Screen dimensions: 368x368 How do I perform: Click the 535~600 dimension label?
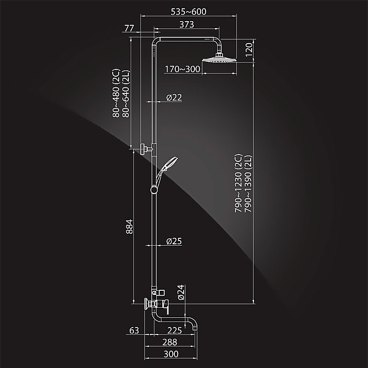click(x=189, y=11)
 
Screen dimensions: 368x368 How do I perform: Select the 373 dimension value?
click(x=187, y=24)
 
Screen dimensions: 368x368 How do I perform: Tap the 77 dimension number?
click(x=129, y=28)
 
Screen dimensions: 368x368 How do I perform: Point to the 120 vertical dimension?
click(x=249, y=49)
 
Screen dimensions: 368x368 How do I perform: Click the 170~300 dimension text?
click(x=183, y=69)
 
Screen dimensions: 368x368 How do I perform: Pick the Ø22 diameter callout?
click(x=174, y=98)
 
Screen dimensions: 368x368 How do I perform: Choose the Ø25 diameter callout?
click(x=174, y=241)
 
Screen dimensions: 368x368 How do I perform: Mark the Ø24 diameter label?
click(x=181, y=293)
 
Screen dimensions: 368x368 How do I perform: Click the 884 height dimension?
click(x=129, y=226)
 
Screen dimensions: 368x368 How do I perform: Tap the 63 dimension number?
click(x=134, y=330)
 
